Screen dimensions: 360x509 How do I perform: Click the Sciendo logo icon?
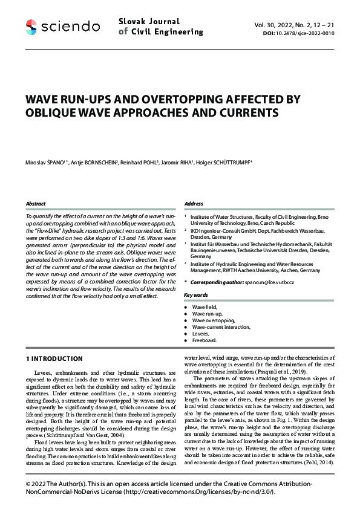pos(31,26)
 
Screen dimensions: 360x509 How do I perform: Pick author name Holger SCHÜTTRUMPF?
pos(215,163)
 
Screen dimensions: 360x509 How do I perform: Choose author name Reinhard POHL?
pos(139,163)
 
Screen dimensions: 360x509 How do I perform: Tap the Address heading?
pos(194,204)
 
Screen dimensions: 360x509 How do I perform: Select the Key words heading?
pos(196,294)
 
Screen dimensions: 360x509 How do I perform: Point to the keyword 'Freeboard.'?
pos(205,340)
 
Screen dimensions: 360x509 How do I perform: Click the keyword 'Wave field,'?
pos(206,308)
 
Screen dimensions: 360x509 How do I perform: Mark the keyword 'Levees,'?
pos(202,334)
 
